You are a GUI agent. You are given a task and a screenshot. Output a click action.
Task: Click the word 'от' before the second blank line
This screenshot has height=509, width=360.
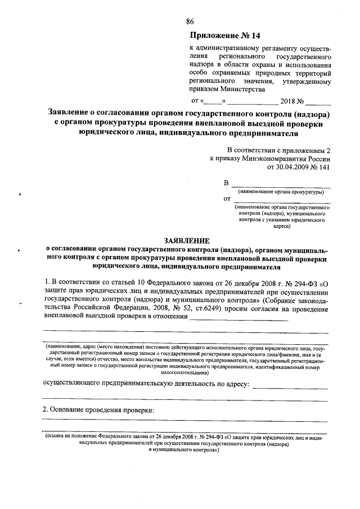click(227, 199)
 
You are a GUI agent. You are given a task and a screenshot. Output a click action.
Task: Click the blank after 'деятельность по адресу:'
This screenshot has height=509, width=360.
click(290, 387)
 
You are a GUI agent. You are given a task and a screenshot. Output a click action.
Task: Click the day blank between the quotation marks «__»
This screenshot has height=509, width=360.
click(213, 102)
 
